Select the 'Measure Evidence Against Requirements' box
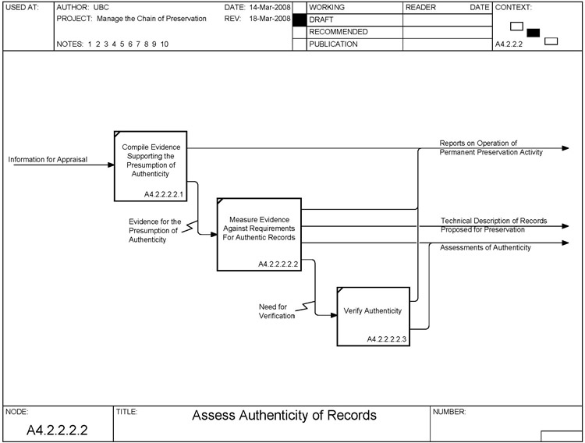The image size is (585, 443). tap(258, 232)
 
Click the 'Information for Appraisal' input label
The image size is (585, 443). tap(48, 160)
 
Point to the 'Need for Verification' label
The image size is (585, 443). tap(277, 311)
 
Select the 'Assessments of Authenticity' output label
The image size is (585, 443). tap(485, 248)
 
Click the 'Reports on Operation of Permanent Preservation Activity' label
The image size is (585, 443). tap(490, 148)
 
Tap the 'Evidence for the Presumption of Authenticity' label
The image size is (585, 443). tap(154, 231)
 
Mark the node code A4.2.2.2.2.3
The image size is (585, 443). tap(387, 338)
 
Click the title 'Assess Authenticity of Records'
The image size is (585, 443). tap(284, 415)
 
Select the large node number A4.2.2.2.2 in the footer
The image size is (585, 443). tap(57, 430)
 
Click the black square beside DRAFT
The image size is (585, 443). tap(299, 19)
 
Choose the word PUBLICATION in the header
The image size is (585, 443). tap(333, 44)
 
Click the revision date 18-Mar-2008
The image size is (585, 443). tap(270, 18)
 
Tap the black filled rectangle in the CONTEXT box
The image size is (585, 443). tap(534, 33)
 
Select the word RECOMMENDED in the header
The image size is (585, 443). tap(339, 32)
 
